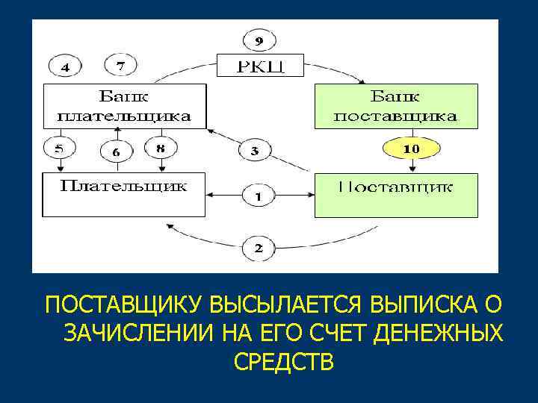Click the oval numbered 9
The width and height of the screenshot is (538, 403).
259,40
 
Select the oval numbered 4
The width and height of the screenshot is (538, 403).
67,67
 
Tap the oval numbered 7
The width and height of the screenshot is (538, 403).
120,66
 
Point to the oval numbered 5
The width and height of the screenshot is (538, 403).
59,149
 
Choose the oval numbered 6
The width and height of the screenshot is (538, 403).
115,151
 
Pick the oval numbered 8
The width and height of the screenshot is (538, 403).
160,149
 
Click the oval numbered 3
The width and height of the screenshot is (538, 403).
255,151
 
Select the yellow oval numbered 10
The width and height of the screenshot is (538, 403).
411,149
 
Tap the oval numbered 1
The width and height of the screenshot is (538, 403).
258,197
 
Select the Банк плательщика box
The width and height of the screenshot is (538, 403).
124,106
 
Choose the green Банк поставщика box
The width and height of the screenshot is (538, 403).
395,106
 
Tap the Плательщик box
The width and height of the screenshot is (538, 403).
124,194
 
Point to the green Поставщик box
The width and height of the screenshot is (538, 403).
395,195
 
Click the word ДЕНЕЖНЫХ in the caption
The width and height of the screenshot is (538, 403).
439,333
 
